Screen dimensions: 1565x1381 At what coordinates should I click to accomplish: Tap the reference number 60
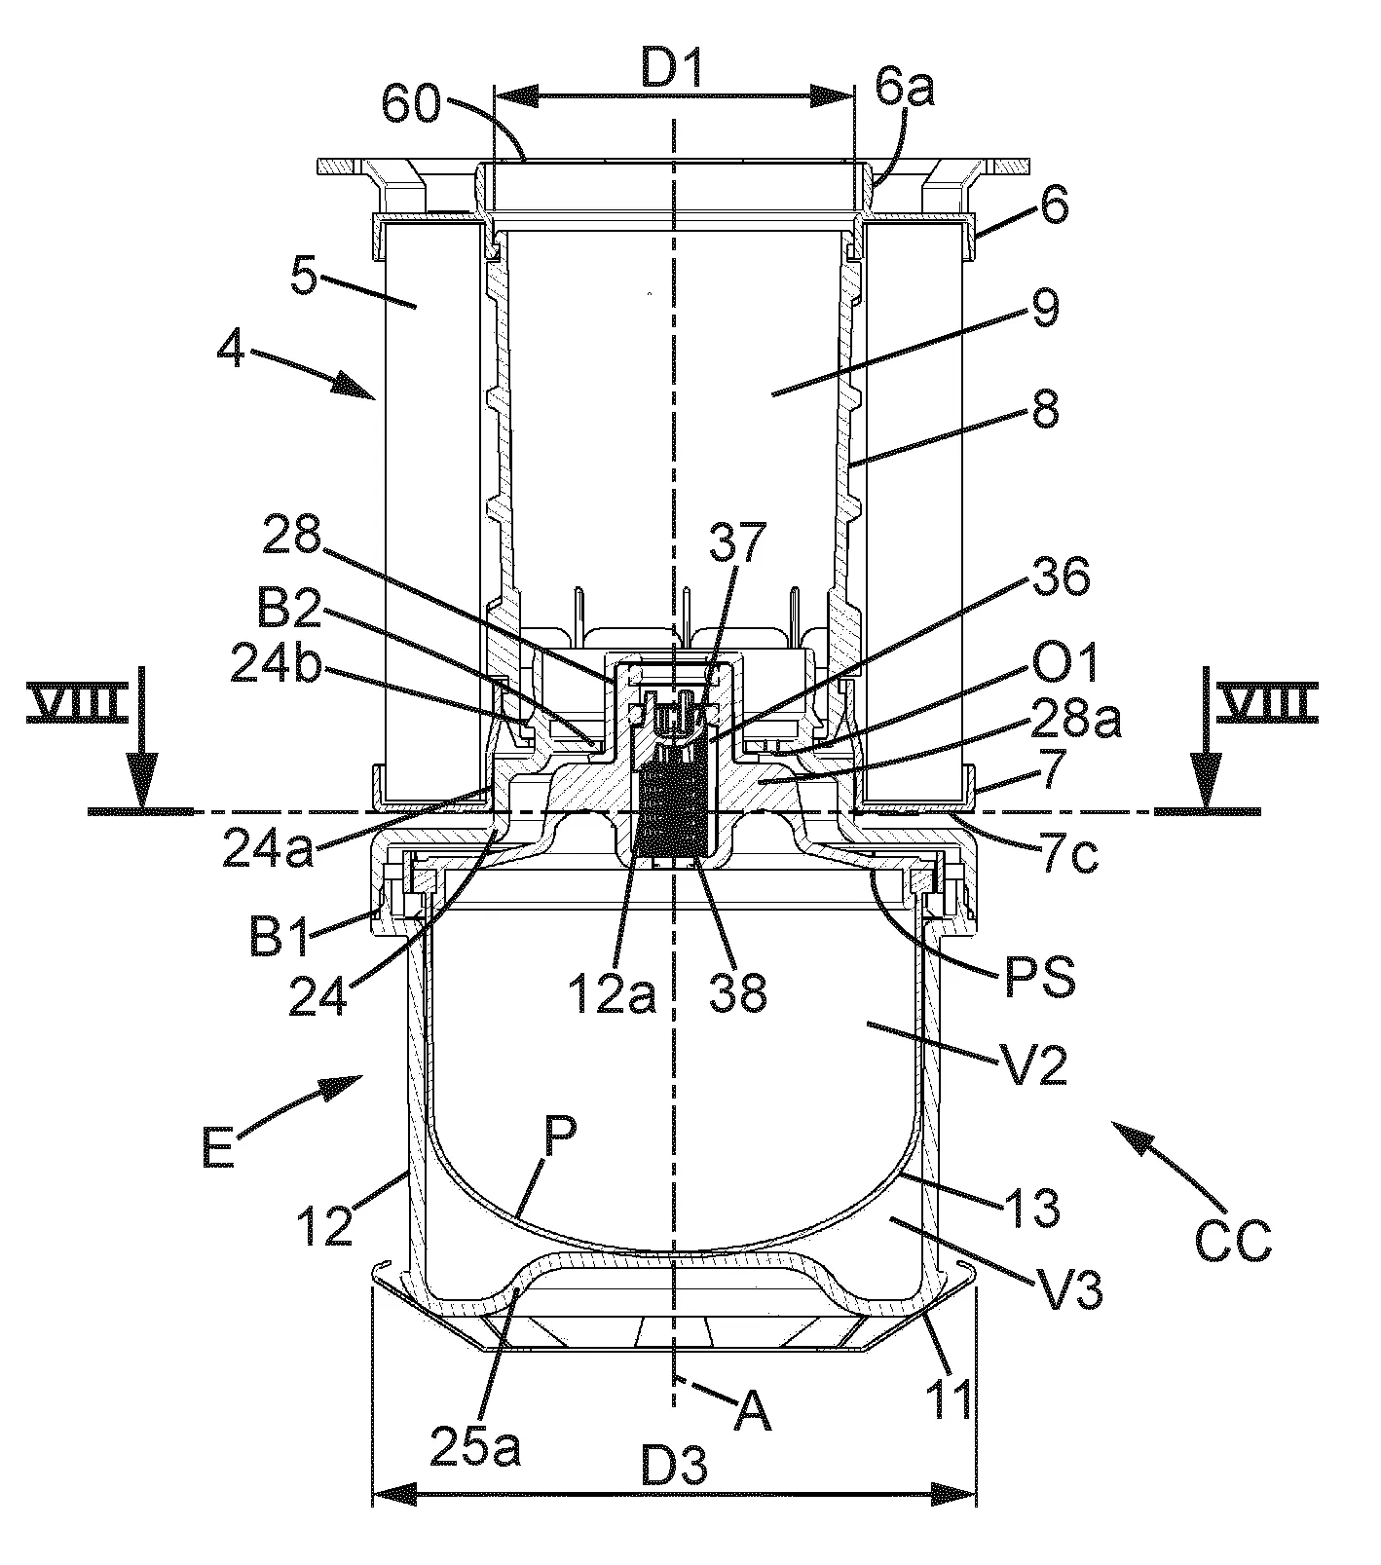click(x=411, y=103)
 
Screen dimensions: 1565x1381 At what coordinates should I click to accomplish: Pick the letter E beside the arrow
click(x=219, y=1147)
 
